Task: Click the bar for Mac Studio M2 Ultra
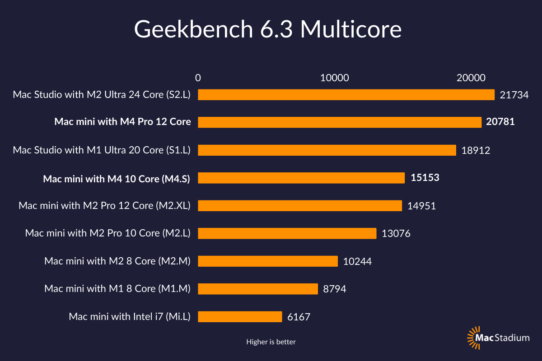pos(346,94)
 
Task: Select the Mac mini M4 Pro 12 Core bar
pos(340,122)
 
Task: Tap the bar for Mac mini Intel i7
pos(240,316)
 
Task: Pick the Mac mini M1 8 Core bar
pos(258,289)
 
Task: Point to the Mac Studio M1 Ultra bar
pos(327,150)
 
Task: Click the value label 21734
pos(514,95)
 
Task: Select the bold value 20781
pos(500,122)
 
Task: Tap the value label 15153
pos(425,178)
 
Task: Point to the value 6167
pos(299,317)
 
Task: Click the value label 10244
pos(357,261)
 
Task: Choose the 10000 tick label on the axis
pos(335,78)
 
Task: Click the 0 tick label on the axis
pos(198,78)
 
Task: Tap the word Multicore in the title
pos(350,29)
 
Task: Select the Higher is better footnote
pos(271,342)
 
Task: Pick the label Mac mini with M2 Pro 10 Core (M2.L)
pos(108,233)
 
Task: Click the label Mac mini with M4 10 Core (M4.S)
pos(117,179)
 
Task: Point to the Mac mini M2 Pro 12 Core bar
pos(300,206)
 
